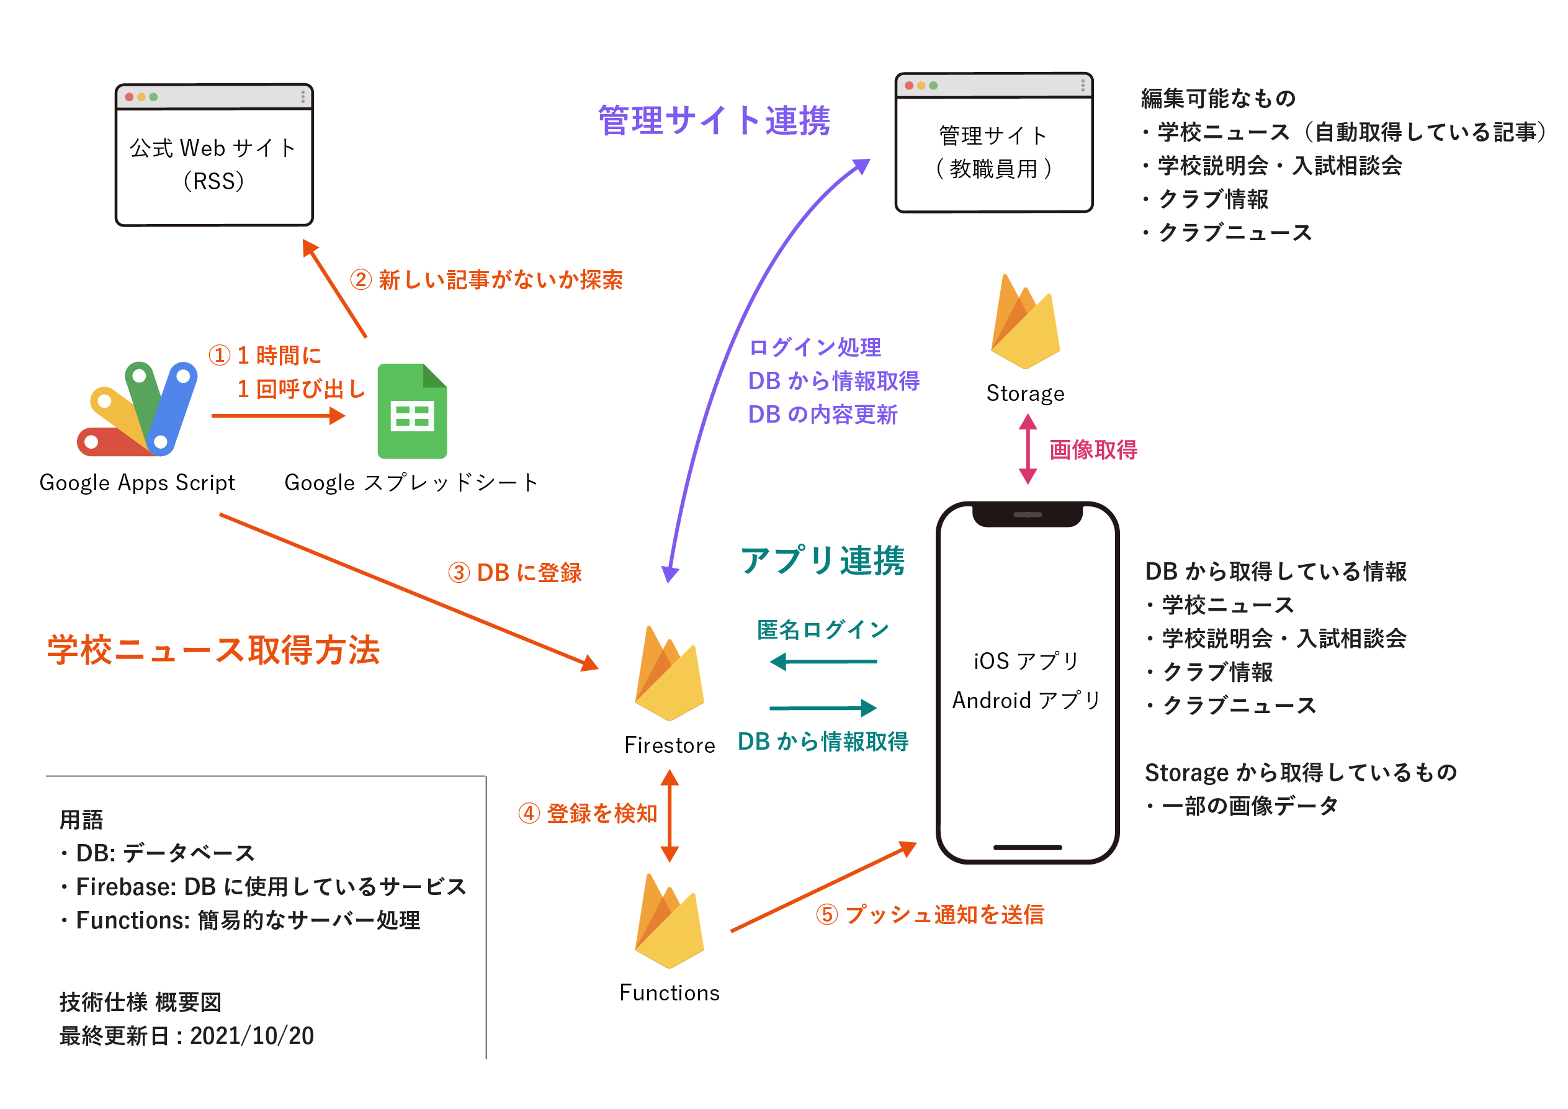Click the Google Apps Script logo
tap(137, 410)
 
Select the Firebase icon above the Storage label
tap(1025, 321)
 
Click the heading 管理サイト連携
tap(714, 121)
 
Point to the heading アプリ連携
tap(822, 560)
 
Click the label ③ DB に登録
tap(515, 572)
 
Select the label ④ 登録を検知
tap(588, 814)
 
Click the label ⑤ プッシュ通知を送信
tap(930, 914)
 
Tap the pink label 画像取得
tap(1093, 450)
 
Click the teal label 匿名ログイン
tap(822, 629)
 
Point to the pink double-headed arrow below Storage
tap(1028, 449)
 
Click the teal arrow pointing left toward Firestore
tap(822, 661)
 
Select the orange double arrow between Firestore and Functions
tap(670, 815)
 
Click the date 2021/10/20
tap(252, 1036)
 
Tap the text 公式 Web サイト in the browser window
tap(213, 148)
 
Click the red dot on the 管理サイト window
tap(909, 86)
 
